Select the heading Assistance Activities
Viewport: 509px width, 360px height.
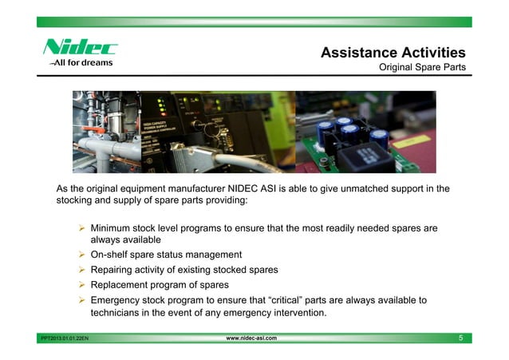click(393, 53)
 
